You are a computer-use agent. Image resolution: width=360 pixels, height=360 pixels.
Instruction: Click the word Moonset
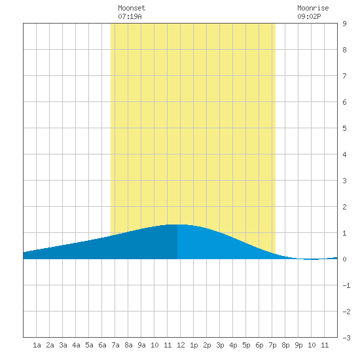point(132,8)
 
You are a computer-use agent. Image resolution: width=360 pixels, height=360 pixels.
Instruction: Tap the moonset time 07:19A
point(130,16)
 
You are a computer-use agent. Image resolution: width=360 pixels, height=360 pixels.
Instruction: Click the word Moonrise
point(313,8)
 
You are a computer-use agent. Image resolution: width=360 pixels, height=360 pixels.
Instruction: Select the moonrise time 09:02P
point(309,16)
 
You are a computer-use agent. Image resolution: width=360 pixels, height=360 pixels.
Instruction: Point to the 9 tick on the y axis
point(344,24)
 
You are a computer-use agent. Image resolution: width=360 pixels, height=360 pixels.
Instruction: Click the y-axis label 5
point(344,128)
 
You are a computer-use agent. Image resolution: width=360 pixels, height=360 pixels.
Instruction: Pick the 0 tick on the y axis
point(344,259)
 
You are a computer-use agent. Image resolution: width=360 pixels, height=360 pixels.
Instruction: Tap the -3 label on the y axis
point(346,338)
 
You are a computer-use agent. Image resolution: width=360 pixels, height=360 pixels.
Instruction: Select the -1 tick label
point(346,285)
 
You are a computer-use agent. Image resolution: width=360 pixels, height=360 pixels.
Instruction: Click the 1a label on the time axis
point(37,345)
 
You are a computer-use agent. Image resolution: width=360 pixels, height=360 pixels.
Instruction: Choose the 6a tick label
point(102,345)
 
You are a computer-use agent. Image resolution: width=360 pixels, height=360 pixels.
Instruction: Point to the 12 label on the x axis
point(181,345)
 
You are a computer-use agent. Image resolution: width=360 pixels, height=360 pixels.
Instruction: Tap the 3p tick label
point(220,345)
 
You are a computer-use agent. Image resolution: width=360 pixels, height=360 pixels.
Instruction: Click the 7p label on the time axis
point(272,345)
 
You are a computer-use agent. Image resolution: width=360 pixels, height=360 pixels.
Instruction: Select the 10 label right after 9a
point(154,345)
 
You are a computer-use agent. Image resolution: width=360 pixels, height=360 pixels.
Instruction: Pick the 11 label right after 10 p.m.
point(325,345)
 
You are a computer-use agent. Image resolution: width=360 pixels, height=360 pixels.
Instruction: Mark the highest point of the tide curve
point(177,225)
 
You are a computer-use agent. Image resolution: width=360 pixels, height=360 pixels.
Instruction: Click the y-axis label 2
point(344,207)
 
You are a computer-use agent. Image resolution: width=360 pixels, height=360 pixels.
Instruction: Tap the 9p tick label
point(298,345)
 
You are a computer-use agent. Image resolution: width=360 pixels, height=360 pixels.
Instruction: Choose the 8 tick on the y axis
point(344,50)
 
